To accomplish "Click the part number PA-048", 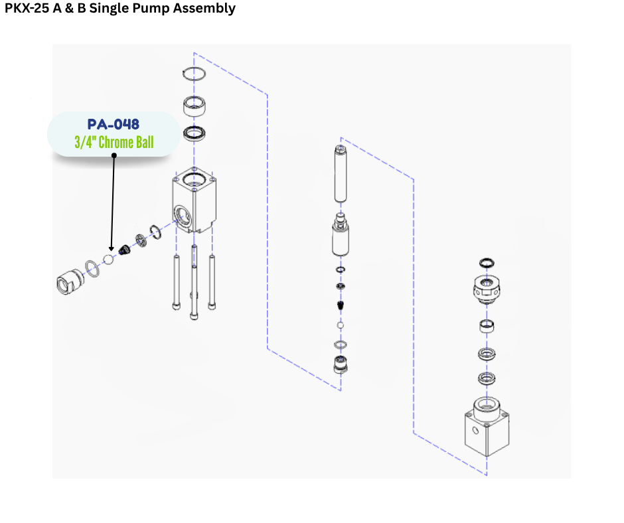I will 114,124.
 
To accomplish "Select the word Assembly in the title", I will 208,9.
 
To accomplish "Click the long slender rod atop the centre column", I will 341,174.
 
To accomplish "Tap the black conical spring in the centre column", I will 341,306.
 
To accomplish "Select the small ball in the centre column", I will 341,326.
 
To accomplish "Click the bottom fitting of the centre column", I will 341,364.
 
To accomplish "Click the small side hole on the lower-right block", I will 475,430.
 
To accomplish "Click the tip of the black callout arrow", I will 112,250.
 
